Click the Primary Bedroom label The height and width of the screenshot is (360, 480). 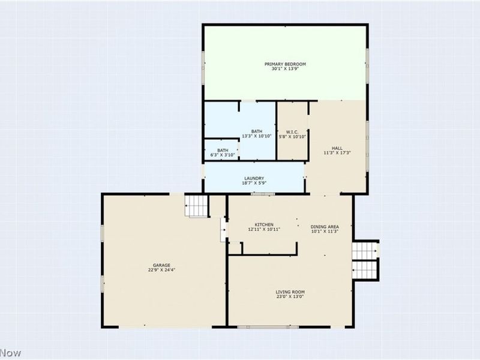coord(286,64)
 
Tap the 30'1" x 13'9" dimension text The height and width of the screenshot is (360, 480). coord(286,69)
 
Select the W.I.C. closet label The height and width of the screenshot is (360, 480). coord(292,131)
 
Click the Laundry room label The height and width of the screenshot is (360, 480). coord(254,178)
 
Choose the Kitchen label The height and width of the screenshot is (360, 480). coord(264,224)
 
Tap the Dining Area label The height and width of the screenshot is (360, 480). coord(325,226)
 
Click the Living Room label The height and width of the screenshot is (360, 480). coord(291,292)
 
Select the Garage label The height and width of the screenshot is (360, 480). coord(162,265)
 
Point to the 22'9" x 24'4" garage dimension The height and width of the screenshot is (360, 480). coord(162,270)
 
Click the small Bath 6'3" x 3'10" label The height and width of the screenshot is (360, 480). coord(223,151)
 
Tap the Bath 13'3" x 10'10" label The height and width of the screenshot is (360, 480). coord(257,131)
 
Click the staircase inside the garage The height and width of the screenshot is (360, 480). coord(196,206)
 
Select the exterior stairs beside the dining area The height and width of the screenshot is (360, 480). coord(365,259)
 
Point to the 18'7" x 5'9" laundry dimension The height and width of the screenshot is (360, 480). coord(254,184)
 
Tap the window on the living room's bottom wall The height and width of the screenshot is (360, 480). coord(259,327)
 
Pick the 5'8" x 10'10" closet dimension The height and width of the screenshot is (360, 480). coord(292,137)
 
